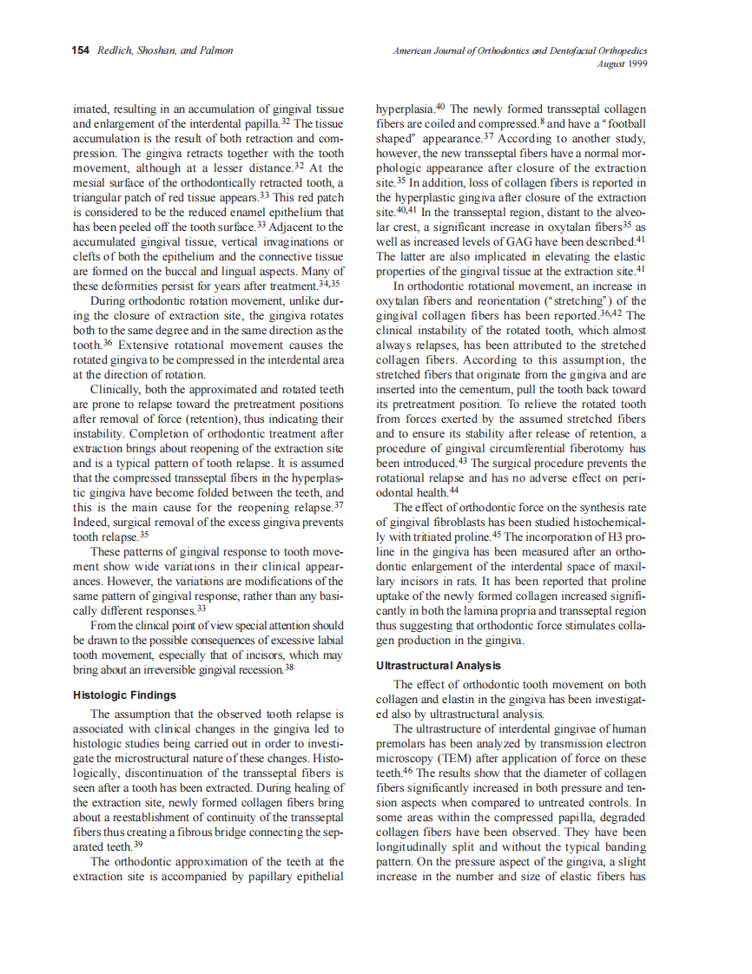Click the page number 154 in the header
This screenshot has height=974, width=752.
81,51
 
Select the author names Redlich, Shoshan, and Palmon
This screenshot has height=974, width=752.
165,51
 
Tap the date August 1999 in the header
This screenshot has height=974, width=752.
623,63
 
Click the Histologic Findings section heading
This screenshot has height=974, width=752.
125,695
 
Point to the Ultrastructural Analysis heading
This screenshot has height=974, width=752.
438,666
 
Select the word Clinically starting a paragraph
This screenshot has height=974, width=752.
120,390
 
